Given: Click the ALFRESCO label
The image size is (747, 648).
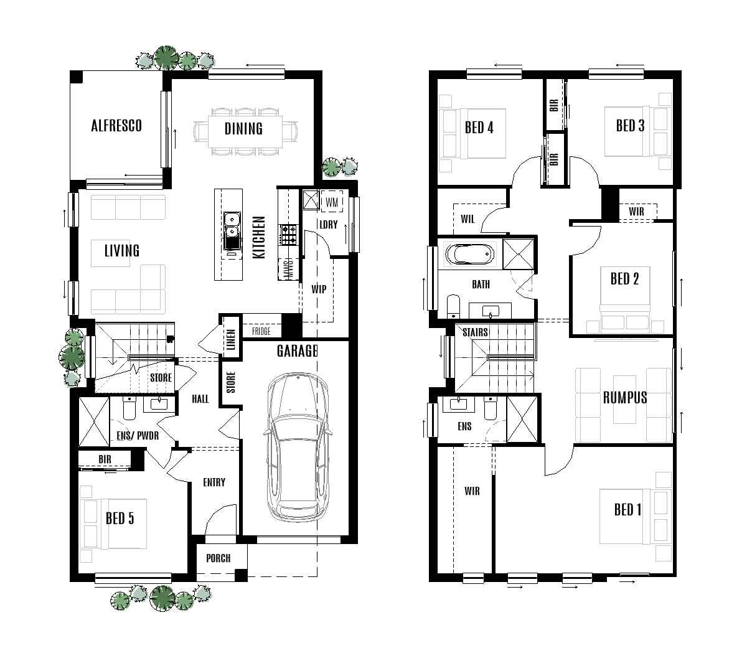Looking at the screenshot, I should [116, 125].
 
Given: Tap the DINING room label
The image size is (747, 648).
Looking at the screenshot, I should [243, 129].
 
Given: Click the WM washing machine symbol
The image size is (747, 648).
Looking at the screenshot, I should [331, 202].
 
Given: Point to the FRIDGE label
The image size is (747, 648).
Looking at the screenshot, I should [261, 332].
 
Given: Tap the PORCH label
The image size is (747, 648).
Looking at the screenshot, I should [218, 558].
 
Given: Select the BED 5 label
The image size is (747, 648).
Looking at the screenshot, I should [120, 518].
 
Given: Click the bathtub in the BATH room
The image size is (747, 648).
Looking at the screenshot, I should [470, 255].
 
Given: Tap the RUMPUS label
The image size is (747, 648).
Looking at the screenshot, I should [624, 397].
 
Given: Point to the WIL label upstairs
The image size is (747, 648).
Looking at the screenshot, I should [467, 219].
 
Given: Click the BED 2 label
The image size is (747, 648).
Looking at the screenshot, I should [624, 279].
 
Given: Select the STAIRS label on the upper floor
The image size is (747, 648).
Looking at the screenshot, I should [475, 332].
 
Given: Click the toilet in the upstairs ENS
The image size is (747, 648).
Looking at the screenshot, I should [491, 408].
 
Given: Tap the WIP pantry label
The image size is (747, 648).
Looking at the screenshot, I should [319, 289].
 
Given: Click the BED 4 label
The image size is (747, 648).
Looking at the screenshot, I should [479, 128].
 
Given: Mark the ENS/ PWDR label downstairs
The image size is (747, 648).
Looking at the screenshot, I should [138, 436].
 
